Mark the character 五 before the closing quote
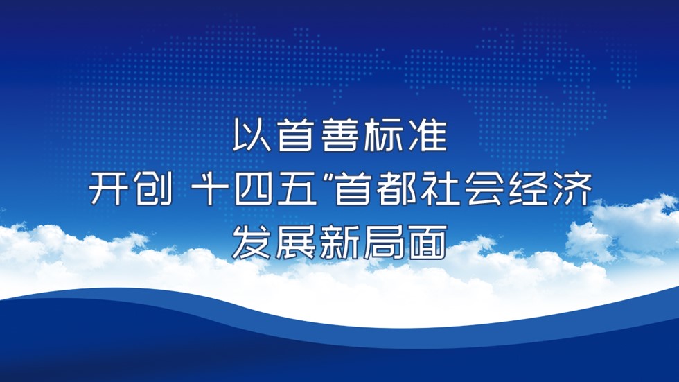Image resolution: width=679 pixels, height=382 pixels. tap(297, 189)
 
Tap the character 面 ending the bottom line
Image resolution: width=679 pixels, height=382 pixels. tap(428, 243)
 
